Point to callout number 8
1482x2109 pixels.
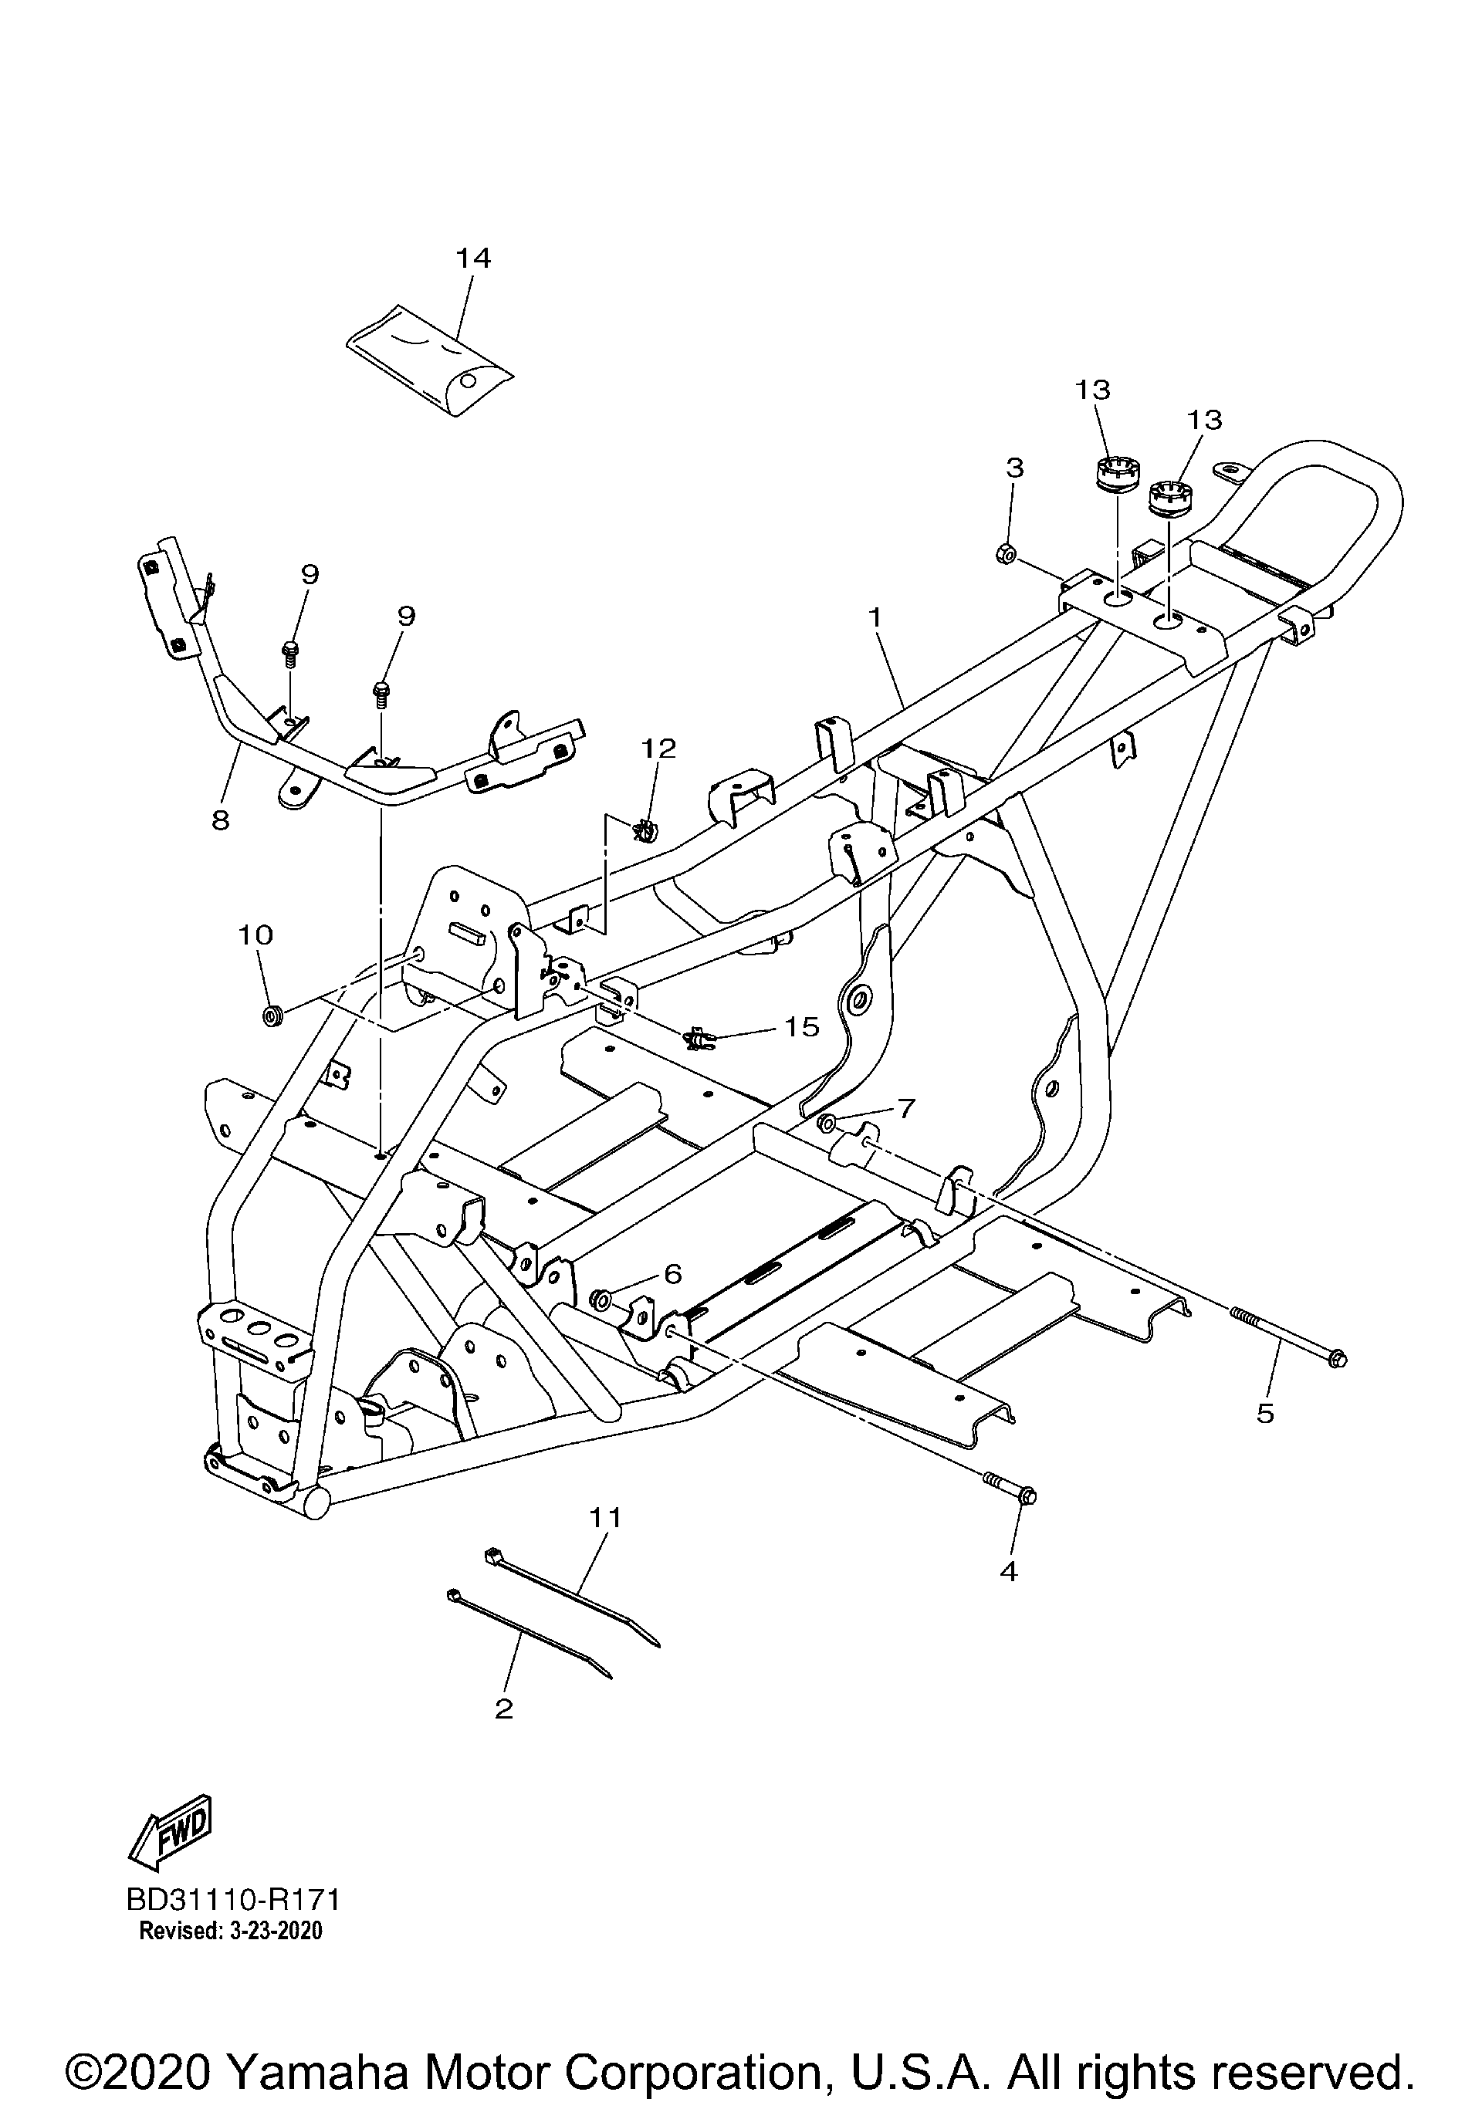pos(221,820)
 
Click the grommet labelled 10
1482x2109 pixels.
pos(272,1017)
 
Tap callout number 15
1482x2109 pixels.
pos(802,1027)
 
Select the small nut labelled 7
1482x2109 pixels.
pos(827,1120)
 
